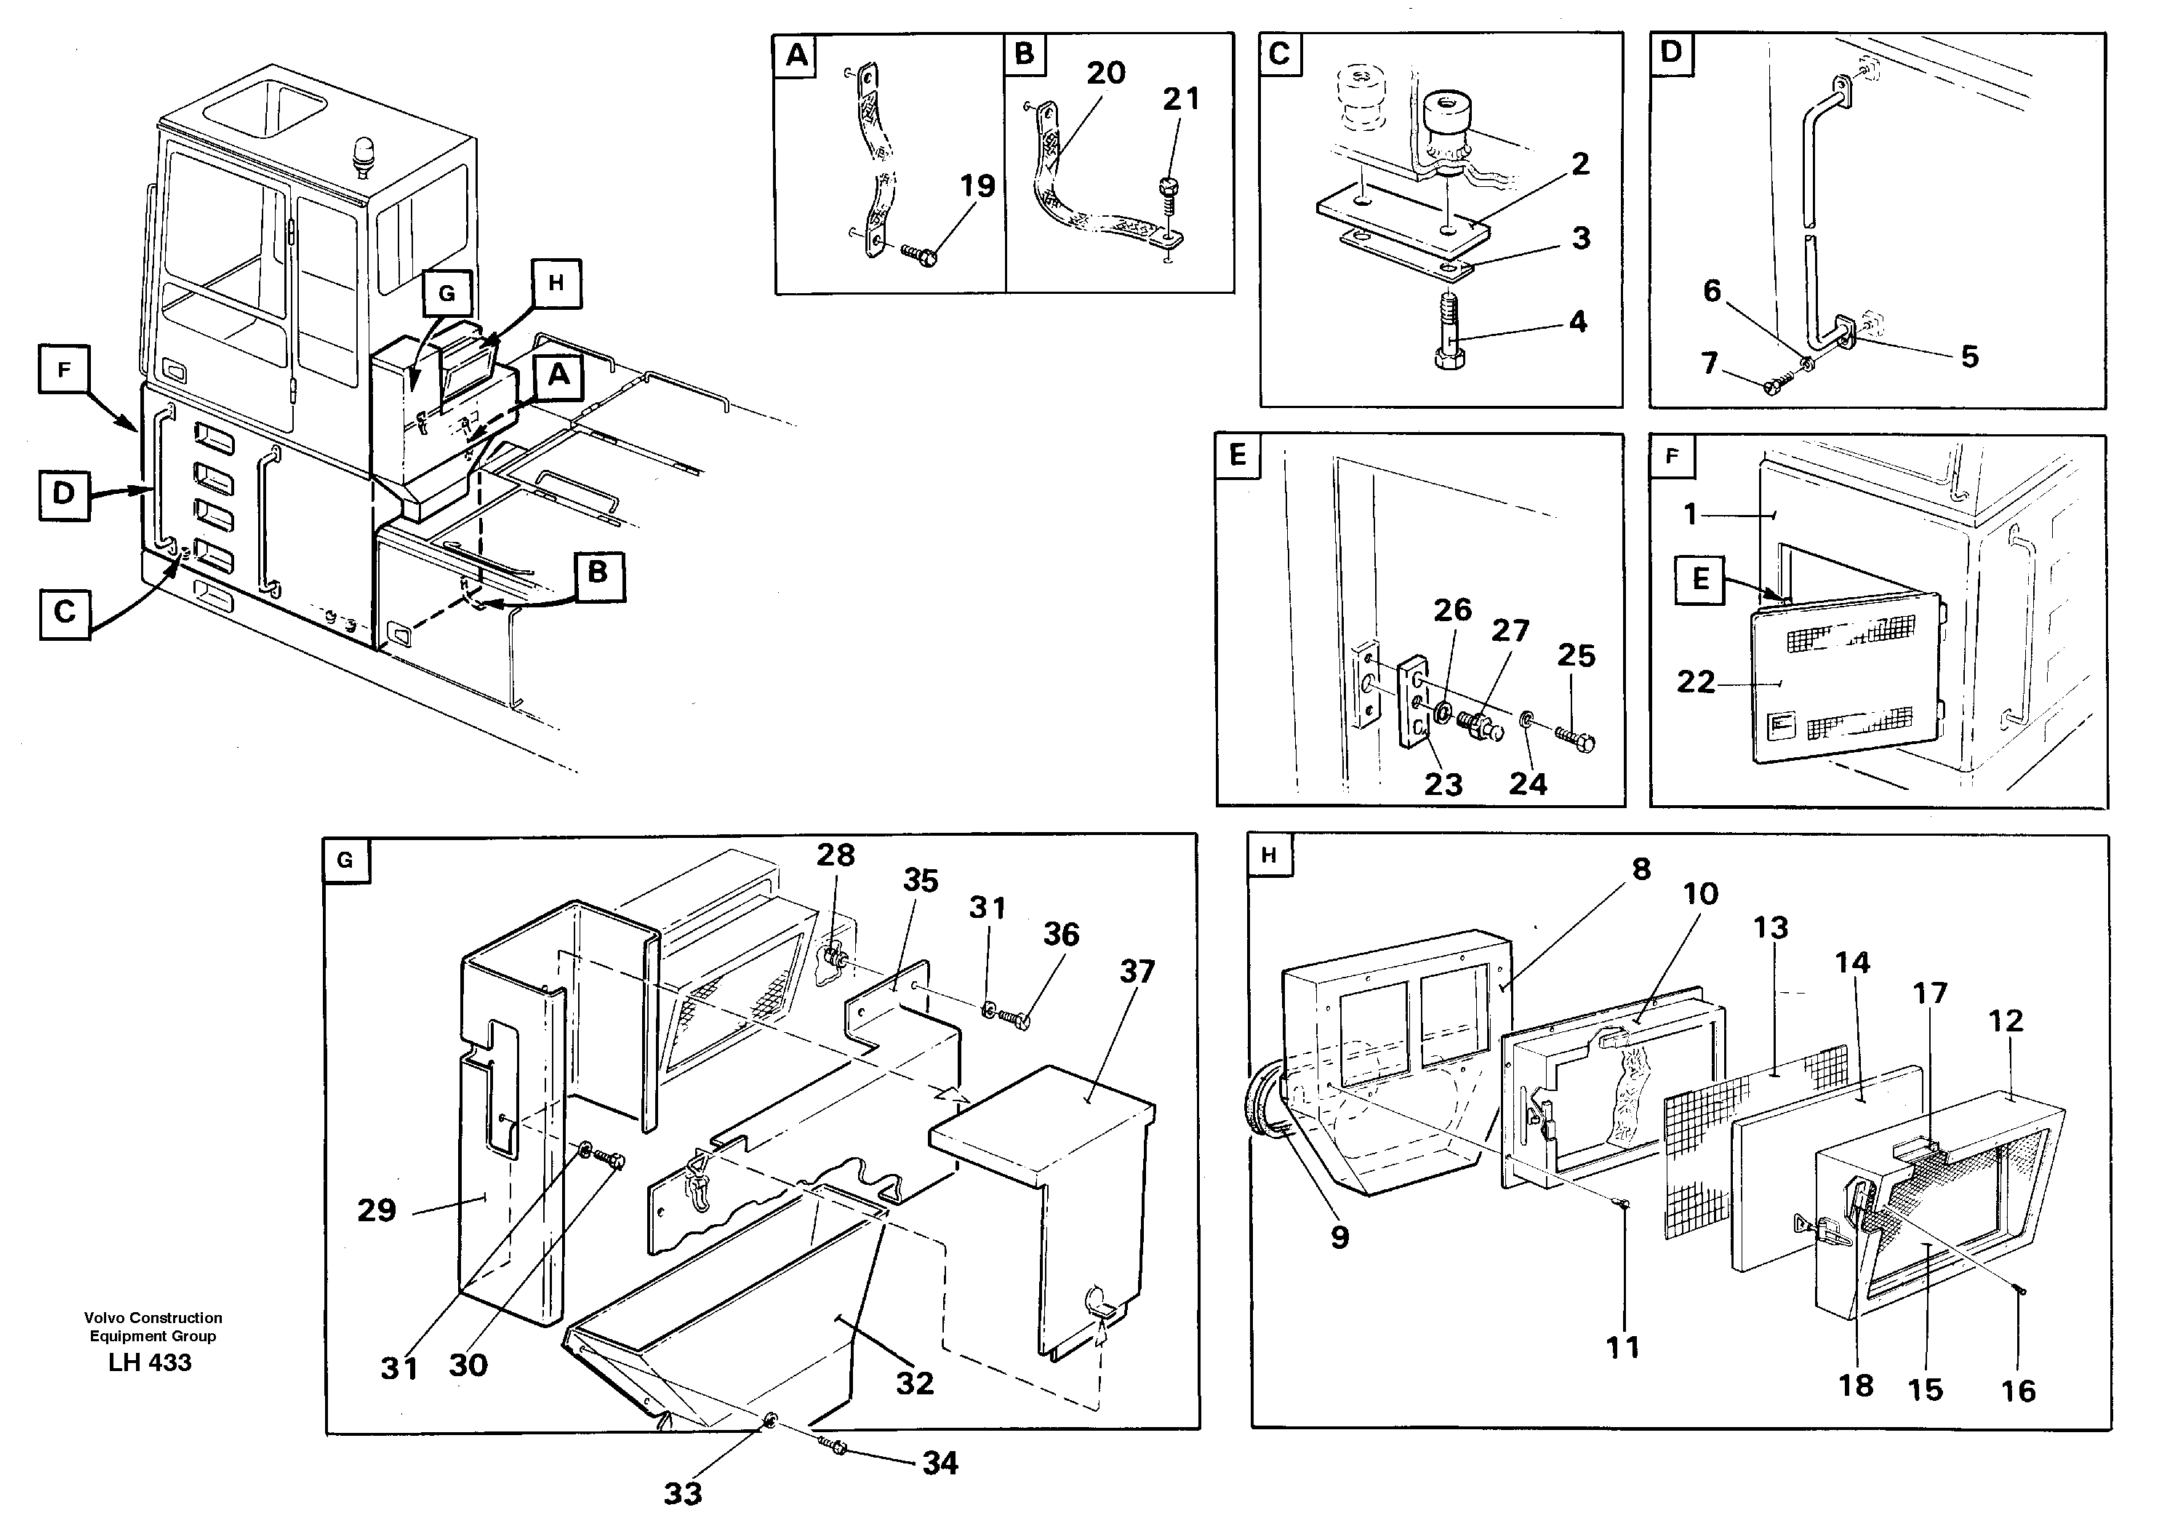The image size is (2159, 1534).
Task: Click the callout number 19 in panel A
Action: coord(977,186)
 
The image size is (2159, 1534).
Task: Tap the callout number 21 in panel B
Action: coord(1180,98)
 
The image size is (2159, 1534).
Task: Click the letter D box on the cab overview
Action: coord(63,494)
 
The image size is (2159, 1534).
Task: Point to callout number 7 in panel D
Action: coord(1710,363)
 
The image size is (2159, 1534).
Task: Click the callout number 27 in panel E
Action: coord(1509,630)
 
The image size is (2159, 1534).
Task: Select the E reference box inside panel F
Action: coord(1700,578)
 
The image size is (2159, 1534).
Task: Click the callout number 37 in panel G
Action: coord(1137,971)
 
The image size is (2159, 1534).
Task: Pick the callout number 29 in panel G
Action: coord(377,1210)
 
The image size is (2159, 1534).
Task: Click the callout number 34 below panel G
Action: coord(940,1463)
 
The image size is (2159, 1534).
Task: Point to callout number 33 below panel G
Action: coord(683,1493)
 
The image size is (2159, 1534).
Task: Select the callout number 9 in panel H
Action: coord(1339,1237)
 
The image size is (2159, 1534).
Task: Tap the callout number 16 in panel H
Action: coord(2018,1391)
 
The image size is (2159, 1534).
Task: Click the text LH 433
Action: coord(151,1362)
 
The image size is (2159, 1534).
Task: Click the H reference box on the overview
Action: coord(556,284)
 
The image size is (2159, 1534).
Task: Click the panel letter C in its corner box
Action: coord(1280,54)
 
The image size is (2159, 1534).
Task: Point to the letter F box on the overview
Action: coord(63,369)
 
